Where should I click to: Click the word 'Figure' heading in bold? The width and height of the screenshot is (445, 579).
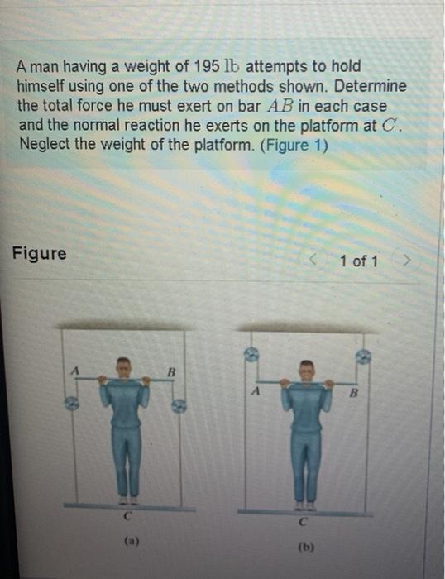(40, 253)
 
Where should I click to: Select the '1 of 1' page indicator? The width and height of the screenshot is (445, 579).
(358, 261)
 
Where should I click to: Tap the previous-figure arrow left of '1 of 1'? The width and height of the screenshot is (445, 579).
(313, 261)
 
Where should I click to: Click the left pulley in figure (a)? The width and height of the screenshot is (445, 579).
(73, 403)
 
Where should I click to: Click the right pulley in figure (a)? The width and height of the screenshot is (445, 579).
(178, 404)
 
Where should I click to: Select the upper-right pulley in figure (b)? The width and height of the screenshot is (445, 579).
(362, 356)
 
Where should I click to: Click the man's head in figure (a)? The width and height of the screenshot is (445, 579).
(124, 366)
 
